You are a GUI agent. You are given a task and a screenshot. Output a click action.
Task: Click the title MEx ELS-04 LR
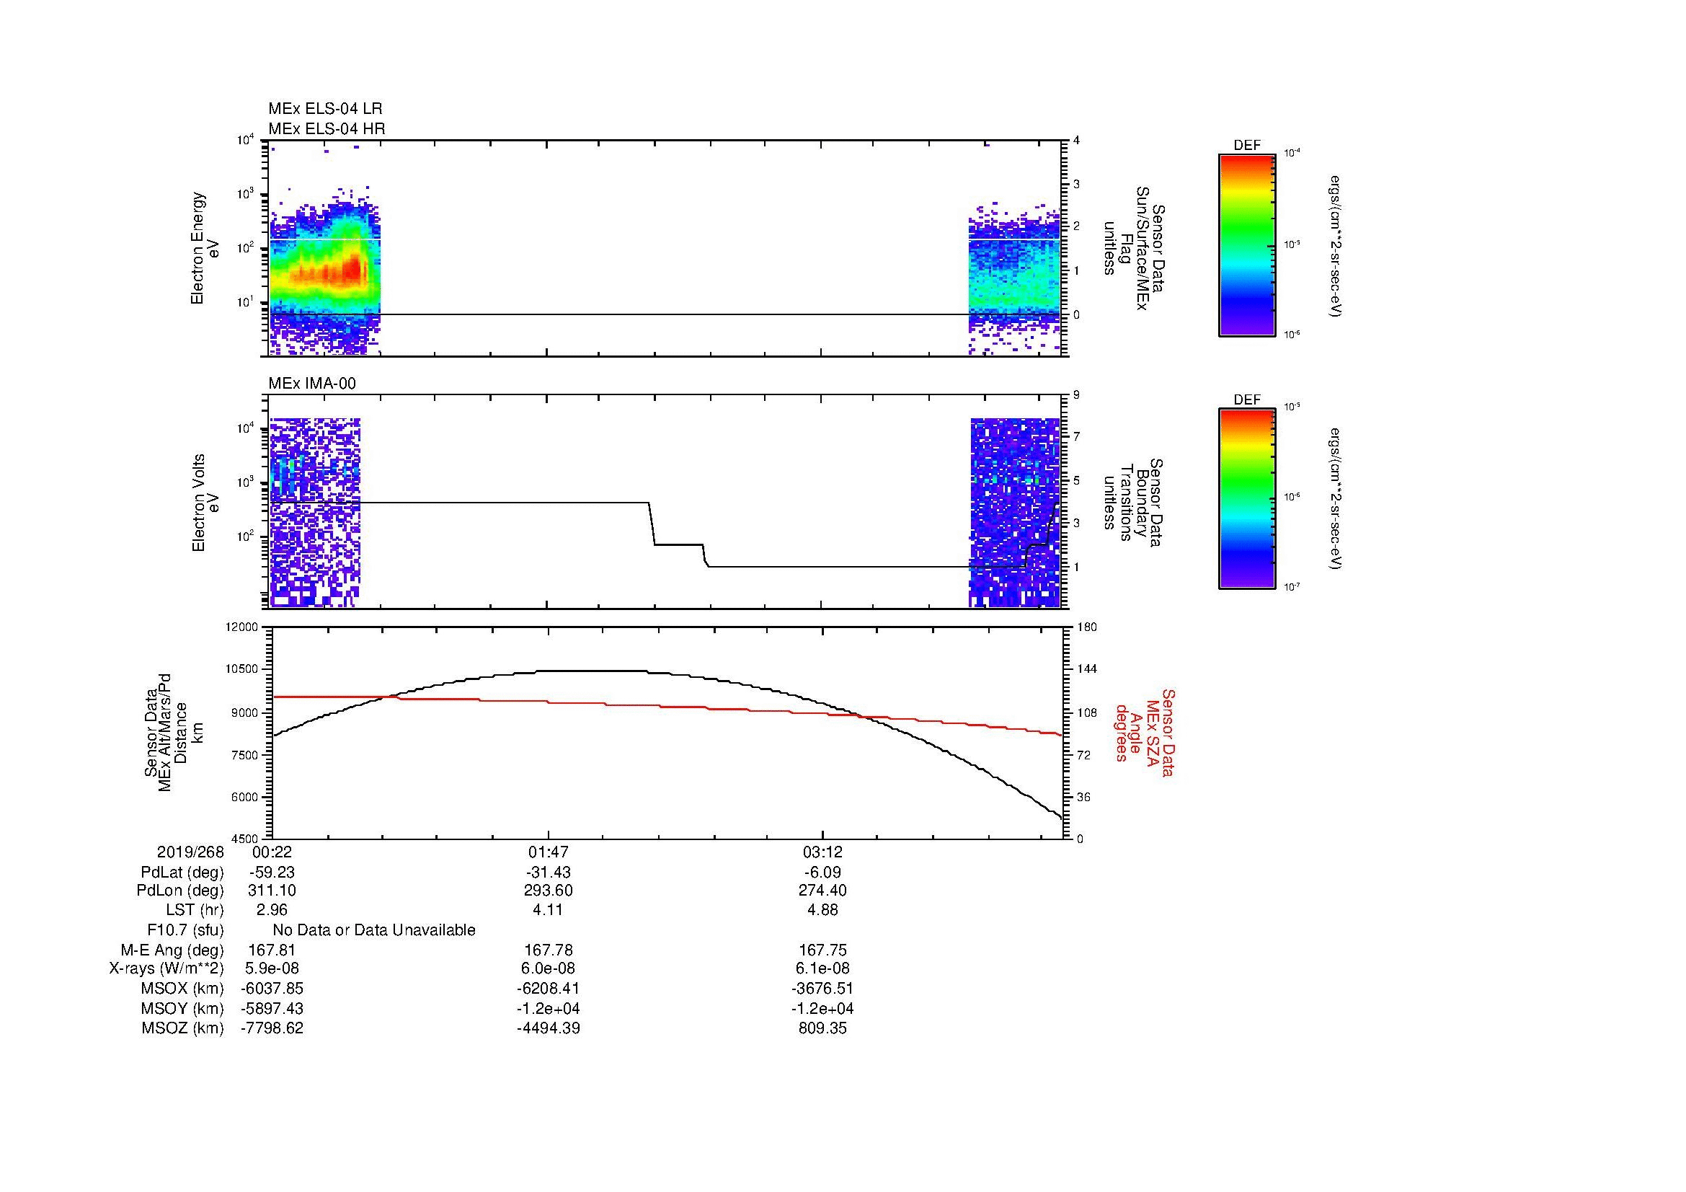[324, 109]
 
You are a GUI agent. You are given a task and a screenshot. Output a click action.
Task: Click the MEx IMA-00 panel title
[311, 384]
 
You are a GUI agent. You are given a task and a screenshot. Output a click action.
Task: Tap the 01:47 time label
[548, 852]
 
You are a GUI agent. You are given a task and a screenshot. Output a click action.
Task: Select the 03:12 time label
[822, 852]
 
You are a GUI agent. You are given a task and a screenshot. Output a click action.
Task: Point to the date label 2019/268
[190, 852]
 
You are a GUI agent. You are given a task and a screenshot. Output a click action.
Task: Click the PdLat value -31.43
[548, 873]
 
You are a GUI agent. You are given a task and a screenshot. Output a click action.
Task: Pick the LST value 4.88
[822, 909]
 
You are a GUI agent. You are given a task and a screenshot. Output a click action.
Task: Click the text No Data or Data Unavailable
[374, 930]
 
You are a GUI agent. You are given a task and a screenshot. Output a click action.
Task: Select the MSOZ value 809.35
[822, 1028]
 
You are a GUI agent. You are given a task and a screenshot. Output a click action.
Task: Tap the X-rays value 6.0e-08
[548, 968]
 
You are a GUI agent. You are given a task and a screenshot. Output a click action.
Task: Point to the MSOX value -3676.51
[822, 989]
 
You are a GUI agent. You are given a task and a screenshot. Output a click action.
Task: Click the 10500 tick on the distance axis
[242, 669]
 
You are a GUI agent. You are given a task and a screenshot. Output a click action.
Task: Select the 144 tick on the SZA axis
[1086, 669]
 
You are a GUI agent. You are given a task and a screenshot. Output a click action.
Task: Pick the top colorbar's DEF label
[1246, 146]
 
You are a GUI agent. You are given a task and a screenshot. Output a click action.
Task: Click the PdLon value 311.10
[272, 890]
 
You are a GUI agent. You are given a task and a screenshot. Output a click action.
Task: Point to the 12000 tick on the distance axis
[242, 627]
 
